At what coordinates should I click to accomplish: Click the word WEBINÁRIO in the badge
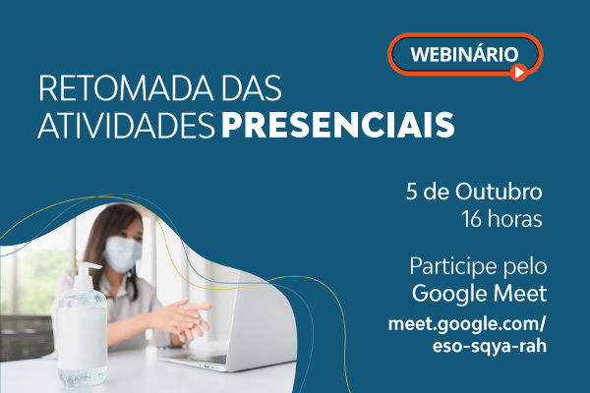pyautogui.click(x=464, y=55)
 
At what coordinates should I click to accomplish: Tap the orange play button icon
pyautogui.click(x=519, y=72)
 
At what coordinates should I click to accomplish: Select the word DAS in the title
pyautogui.click(x=252, y=88)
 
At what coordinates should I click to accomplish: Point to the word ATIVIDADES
pyautogui.click(x=127, y=125)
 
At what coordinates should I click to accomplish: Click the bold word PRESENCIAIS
pyautogui.click(x=338, y=125)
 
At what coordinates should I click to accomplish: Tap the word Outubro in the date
pyautogui.click(x=499, y=192)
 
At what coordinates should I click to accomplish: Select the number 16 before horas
pyautogui.click(x=472, y=219)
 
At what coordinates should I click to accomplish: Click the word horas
pyautogui.click(x=515, y=219)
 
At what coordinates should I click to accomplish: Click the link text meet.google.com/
pyautogui.click(x=467, y=324)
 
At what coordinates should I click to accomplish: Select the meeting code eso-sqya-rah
pyautogui.click(x=490, y=346)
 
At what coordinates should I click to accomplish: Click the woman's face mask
pyautogui.click(x=122, y=253)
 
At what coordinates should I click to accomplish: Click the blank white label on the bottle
pyautogui.click(x=83, y=338)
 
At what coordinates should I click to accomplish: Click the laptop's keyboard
pyautogui.click(x=199, y=358)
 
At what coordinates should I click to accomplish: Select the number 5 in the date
pyautogui.click(x=412, y=192)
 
